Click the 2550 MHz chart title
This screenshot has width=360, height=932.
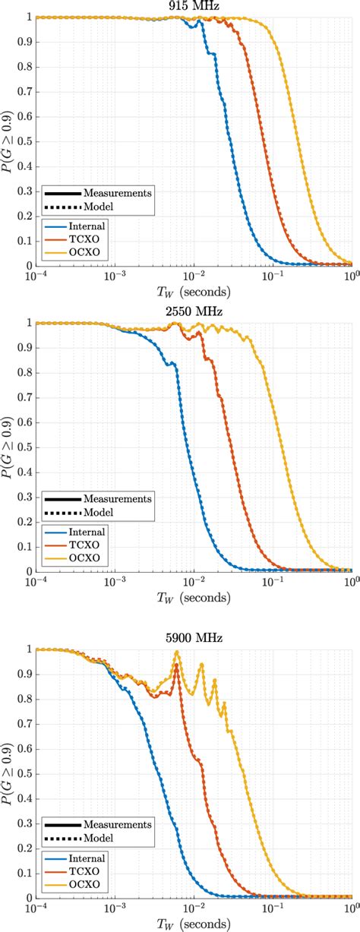pos(194,312)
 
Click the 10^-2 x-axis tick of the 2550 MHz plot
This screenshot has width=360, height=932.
pos(194,583)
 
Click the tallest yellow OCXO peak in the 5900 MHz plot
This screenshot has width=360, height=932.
pos(177,652)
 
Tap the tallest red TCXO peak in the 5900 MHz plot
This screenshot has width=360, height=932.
pos(177,665)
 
